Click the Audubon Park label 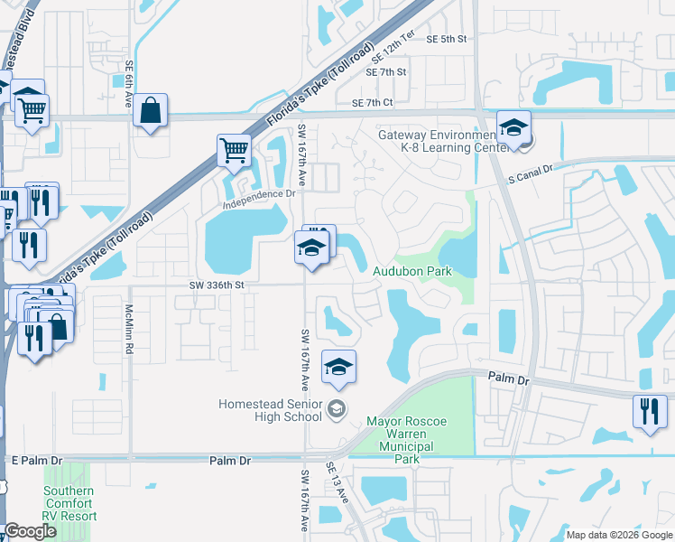(411, 271)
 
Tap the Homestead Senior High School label (270, 410)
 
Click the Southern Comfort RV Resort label (69, 504)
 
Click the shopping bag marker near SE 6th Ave (151, 112)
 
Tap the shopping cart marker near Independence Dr (234, 150)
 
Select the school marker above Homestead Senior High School (338, 366)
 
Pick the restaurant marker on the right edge (650, 411)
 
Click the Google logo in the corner (30, 532)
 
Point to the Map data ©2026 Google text (618, 535)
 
